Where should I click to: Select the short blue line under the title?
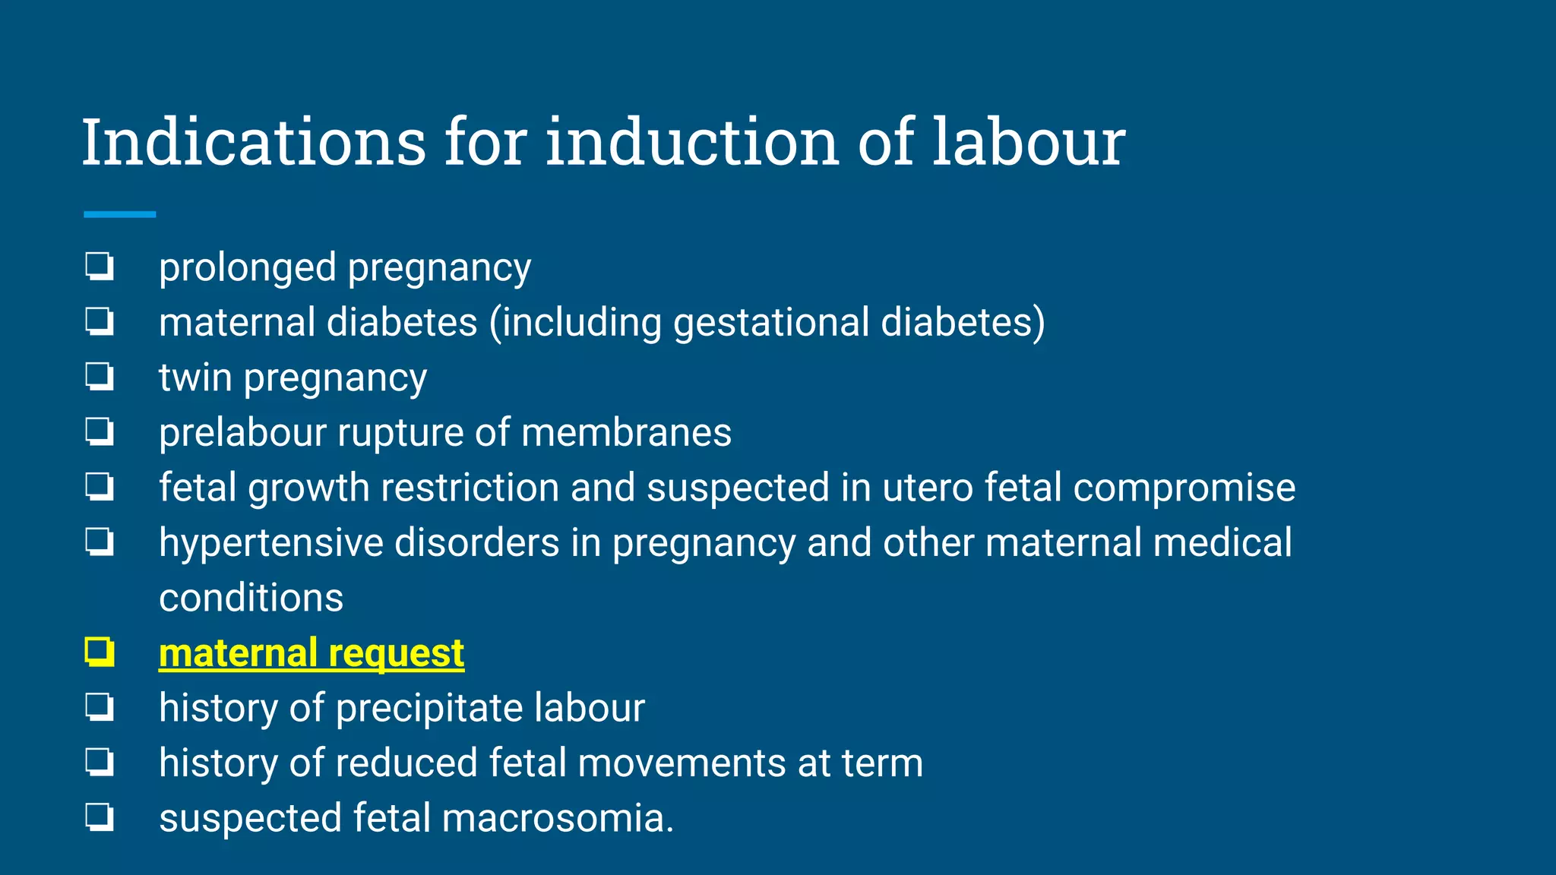pyautogui.click(x=119, y=215)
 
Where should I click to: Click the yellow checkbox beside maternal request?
pyautogui.click(x=100, y=652)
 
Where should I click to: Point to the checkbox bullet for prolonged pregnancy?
pyautogui.click(x=100, y=267)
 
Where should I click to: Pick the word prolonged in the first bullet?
pyautogui.click(x=247, y=268)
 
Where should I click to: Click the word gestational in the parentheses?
pyautogui.click(x=770, y=323)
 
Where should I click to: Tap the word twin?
pyautogui.click(x=195, y=377)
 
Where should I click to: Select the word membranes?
pyautogui.click(x=626, y=433)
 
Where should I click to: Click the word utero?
pyautogui.click(x=928, y=488)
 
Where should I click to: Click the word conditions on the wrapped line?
pyautogui.click(x=251, y=598)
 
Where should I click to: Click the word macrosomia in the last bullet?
pyautogui.click(x=558, y=818)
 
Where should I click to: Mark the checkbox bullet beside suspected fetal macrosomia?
pyautogui.click(x=100, y=817)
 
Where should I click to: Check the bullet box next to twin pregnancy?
pyautogui.click(x=100, y=377)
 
